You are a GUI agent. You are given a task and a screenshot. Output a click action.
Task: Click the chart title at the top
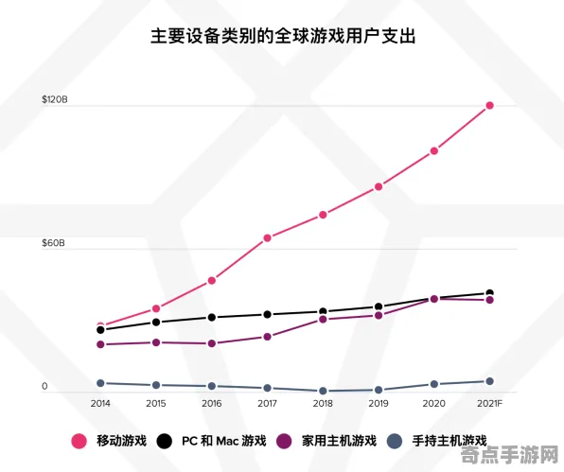(x=283, y=37)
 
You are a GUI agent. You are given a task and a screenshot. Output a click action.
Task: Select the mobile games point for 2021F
(x=489, y=105)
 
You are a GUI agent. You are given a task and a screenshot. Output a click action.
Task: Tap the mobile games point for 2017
(x=268, y=237)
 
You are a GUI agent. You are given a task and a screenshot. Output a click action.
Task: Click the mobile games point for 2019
(x=379, y=186)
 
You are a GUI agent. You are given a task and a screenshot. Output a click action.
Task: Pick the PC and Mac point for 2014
(x=100, y=330)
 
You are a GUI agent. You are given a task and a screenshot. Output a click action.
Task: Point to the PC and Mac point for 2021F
(x=489, y=293)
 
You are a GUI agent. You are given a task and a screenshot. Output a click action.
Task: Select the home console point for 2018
(x=323, y=319)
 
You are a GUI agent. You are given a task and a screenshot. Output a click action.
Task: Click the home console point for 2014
(x=100, y=344)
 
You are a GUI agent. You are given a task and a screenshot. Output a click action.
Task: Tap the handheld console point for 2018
(x=323, y=391)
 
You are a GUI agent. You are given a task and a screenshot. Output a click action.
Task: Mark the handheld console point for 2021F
(x=489, y=381)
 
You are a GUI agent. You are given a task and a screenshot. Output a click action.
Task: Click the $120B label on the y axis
(x=54, y=99)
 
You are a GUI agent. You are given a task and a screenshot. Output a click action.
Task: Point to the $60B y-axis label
(x=53, y=243)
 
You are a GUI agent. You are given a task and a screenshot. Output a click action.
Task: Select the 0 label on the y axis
(x=44, y=387)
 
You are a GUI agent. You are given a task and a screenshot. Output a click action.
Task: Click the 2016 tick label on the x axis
(x=211, y=403)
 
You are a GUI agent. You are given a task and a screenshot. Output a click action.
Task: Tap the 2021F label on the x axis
(x=489, y=403)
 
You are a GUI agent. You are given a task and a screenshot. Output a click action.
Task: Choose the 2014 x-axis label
(x=100, y=403)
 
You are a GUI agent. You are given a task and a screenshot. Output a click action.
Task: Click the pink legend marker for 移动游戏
(x=79, y=441)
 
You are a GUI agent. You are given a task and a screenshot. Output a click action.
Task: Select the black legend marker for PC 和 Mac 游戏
(x=165, y=441)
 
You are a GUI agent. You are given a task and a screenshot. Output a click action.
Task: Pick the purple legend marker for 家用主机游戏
(x=284, y=441)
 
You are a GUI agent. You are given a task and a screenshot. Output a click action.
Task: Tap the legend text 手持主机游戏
(x=449, y=441)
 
